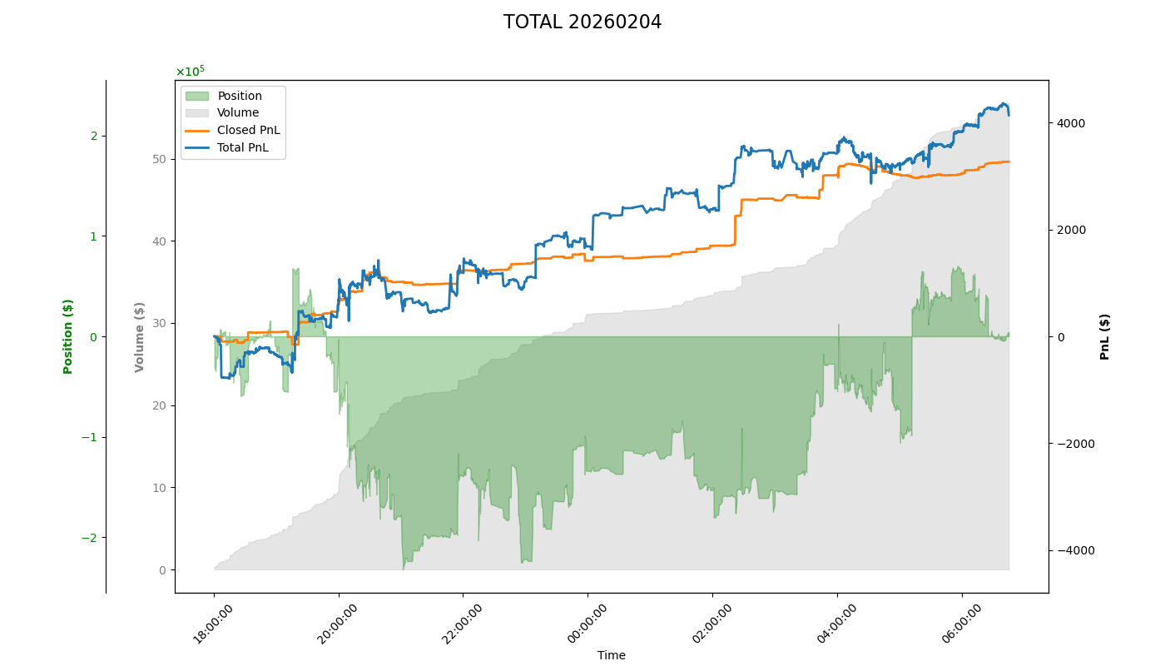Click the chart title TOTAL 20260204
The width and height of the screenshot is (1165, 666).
[x=582, y=22]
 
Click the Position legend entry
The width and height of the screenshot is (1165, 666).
[x=239, y=96]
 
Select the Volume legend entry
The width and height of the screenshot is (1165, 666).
[x=237, y=112]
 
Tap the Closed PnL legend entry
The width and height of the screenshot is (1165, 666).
[x=248, y=130]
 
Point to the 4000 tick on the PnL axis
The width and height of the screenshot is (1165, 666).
[x=1070, y=123]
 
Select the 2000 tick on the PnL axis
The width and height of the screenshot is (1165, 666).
[x=1070, y=230]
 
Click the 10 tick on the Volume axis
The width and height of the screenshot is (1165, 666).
[x=158, y=488]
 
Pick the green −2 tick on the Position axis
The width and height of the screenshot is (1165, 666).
[x=89, y=538]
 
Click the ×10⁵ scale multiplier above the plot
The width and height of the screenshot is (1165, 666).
[x=190, y=72]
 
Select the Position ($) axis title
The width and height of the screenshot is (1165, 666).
[x=68, y=336]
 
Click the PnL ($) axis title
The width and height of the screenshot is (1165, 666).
[x=1105, y=336]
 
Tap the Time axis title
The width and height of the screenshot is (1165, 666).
[x=612, y=655]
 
